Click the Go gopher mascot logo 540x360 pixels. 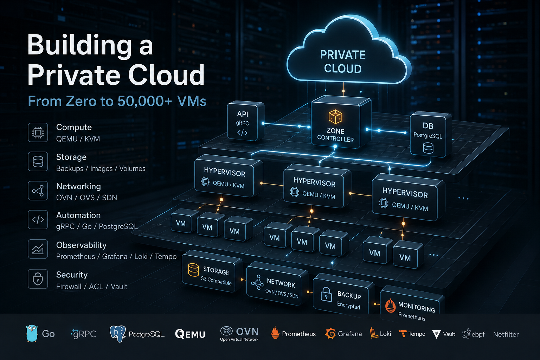pyautogui.click(x=32, y=333)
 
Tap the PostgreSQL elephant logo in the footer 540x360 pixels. pyautogui.click(x=118, y=334)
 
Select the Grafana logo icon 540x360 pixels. pyautogui.click(x=330, y=334)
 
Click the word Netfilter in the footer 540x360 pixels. pyautogui.click(x=506, y=334)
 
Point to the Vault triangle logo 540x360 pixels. pyautogui.click(x=436, y=334)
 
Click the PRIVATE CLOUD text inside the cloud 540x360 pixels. pyautogui.click(x=343, y=62)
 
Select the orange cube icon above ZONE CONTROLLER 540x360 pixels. pyautogui.click(x=335, y=117)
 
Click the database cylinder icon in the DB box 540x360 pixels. pyautogui.click(x=428, y=148)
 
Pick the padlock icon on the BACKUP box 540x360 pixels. pyautogui.click(x=326, y=294)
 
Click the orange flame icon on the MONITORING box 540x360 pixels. pyautogui.click(x=390, y=305)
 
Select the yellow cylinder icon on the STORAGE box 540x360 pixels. pyautogui.click(x=193, y=270)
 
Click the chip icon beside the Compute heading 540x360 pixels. pyautogui.click(x=38, y=133)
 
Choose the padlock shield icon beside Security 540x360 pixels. pyautogui.click(x=38, y=279)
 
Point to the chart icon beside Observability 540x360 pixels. pyautogui.click(x=38, y=249)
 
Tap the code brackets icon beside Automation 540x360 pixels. pyautogui.click(x=38, y=220)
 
